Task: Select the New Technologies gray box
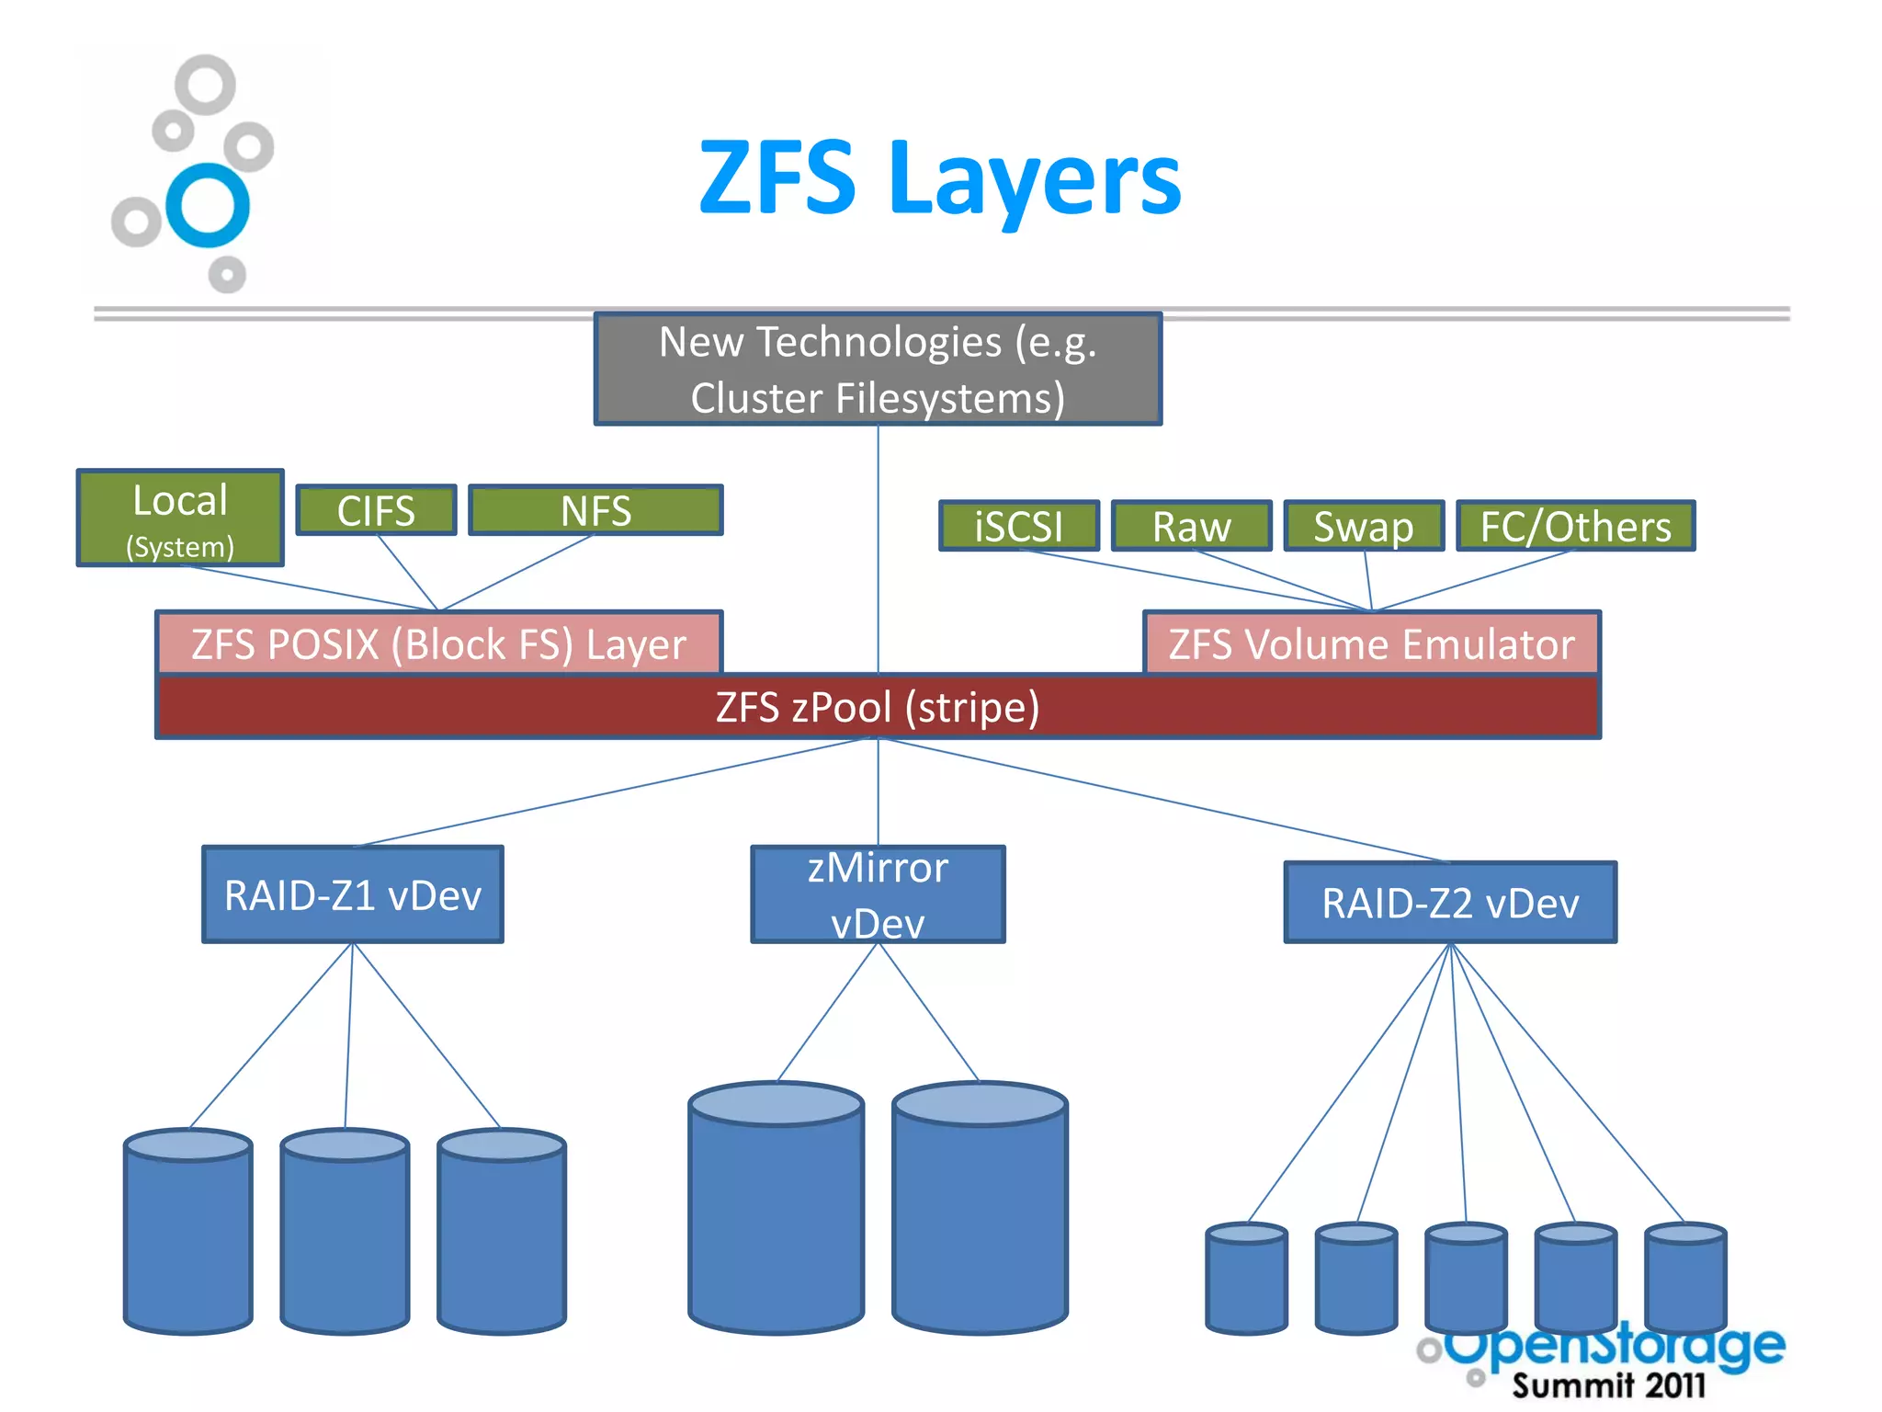(878, 370)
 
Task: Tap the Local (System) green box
(180, 518)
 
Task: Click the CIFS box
(376, 510)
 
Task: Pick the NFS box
(595, 510)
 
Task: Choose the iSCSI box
(1018, 526)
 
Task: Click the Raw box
(1191, 526)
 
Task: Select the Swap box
(1364, 526)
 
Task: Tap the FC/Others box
(1575, 526)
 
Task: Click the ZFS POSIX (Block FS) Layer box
(439, 643)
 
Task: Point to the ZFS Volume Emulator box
(1371, 643)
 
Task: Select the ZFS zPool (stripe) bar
(878, 707)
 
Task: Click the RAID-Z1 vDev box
(353, 894)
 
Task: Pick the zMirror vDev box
(878, 894)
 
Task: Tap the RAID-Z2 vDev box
(1449, 903)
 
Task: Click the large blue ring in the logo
(208, 205)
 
